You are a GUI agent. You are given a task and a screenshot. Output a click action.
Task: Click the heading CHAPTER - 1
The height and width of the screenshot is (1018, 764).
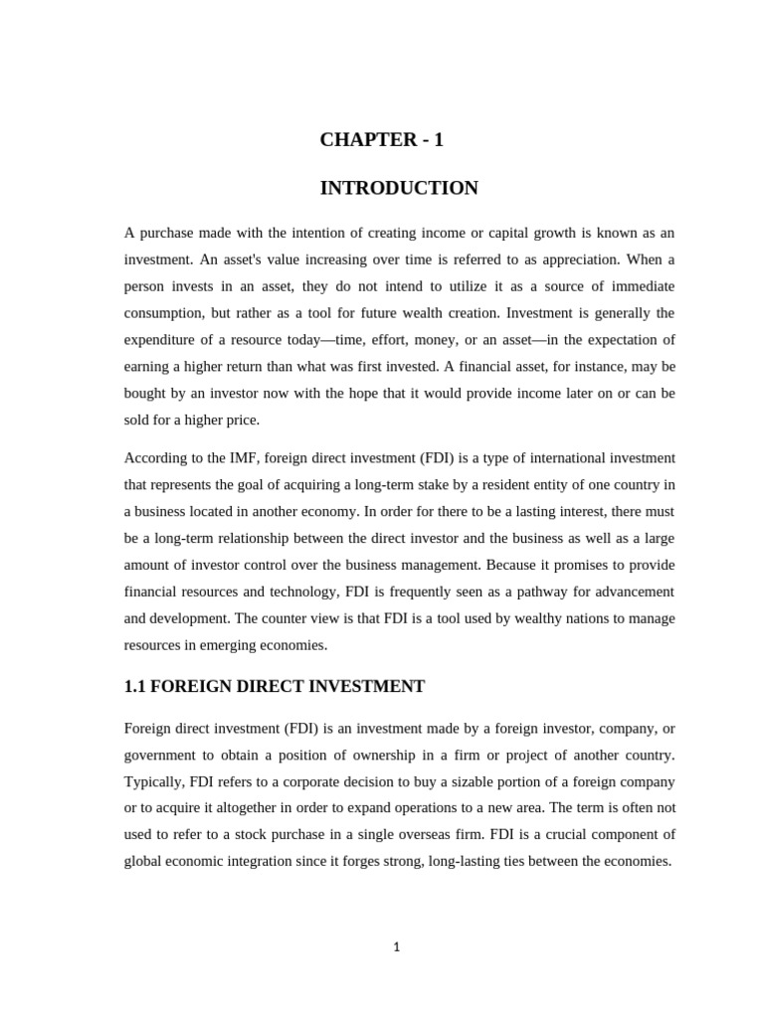click(381, 140)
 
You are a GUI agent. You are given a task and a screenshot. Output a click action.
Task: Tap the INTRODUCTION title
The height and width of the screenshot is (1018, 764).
click(398, 188)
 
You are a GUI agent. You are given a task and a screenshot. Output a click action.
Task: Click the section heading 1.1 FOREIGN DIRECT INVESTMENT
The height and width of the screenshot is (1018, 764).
click(275, 687)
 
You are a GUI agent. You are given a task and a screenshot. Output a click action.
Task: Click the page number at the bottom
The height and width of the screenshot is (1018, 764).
click(396, 947)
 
